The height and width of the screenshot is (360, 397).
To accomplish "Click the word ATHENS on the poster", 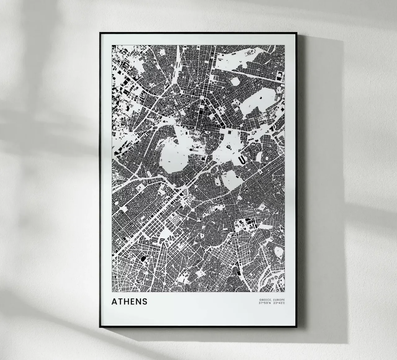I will (129, 301).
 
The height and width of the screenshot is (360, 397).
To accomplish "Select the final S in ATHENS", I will (145, 301).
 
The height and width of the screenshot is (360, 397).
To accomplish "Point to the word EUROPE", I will (279, 300).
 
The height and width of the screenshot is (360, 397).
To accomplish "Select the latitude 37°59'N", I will (265, 303).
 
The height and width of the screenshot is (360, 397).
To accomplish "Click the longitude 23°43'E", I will (279, 303).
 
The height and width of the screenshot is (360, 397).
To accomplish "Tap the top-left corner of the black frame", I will (100, 33).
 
